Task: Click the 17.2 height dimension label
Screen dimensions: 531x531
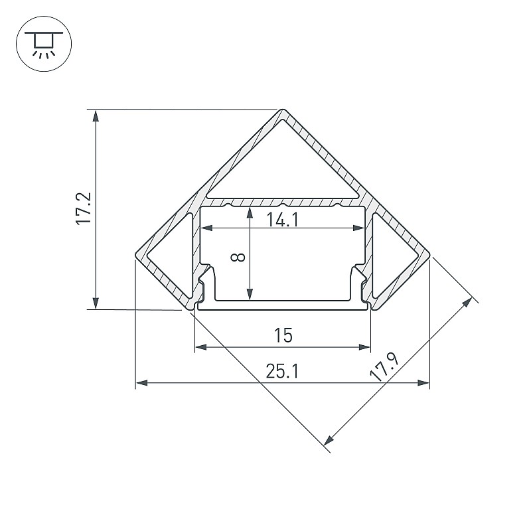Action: click(x=84, y=208)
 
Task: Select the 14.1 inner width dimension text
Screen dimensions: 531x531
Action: click(x=283, y=220)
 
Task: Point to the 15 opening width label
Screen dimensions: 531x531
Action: click(x=283, y=335)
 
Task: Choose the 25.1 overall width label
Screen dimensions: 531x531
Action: click(x=283, y=371)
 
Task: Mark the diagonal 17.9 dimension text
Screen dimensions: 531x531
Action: click(x=385, y=367)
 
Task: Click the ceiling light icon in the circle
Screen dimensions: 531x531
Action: click(x=44, y=44)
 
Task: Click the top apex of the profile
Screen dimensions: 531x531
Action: click(x=283, y=110)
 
